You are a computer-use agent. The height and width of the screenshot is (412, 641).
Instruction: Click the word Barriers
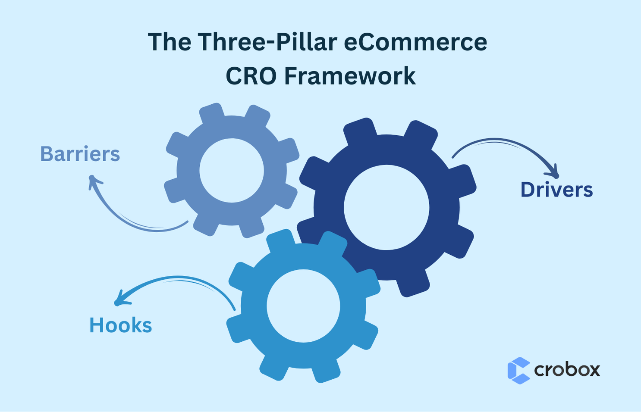click(80, 154)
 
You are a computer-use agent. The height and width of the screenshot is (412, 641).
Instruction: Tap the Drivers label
click(556, 190)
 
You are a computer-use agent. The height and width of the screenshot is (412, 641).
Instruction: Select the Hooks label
click(120, 325)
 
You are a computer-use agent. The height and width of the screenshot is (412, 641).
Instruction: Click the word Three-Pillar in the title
click(267, 42)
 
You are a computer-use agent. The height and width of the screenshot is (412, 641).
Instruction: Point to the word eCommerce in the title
click(415, 42)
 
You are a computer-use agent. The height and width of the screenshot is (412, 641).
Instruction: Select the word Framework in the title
click(350, 76)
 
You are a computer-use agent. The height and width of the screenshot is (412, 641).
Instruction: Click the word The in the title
click(170, 42)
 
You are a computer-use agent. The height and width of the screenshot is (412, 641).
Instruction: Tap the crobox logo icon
click(518, 370)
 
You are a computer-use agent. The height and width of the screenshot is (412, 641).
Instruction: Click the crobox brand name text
click(567, 370)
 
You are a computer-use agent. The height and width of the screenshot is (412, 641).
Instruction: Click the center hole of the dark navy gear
click(386, 207)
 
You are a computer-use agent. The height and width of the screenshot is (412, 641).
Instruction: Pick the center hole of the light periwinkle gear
click(232, 170)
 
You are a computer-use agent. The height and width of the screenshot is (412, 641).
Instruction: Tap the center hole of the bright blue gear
click(303, 306)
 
